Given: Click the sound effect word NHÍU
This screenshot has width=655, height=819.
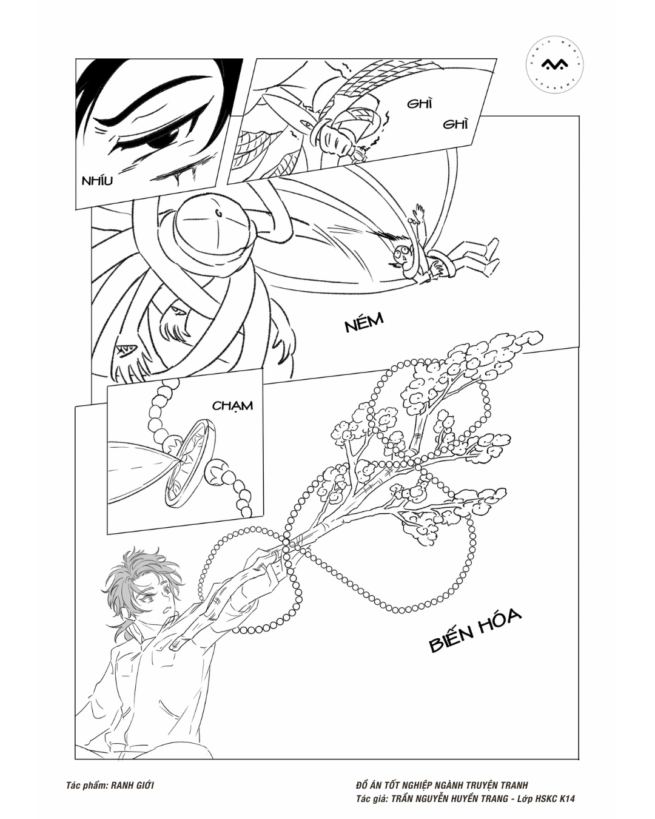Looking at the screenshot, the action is [x=97, y=180].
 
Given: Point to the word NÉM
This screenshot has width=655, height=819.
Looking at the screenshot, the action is [x=363, y=323].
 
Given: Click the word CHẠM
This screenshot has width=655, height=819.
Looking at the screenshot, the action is [x=232, y=406].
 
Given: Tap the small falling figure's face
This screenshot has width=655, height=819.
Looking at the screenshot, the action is [x=402, y=254].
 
